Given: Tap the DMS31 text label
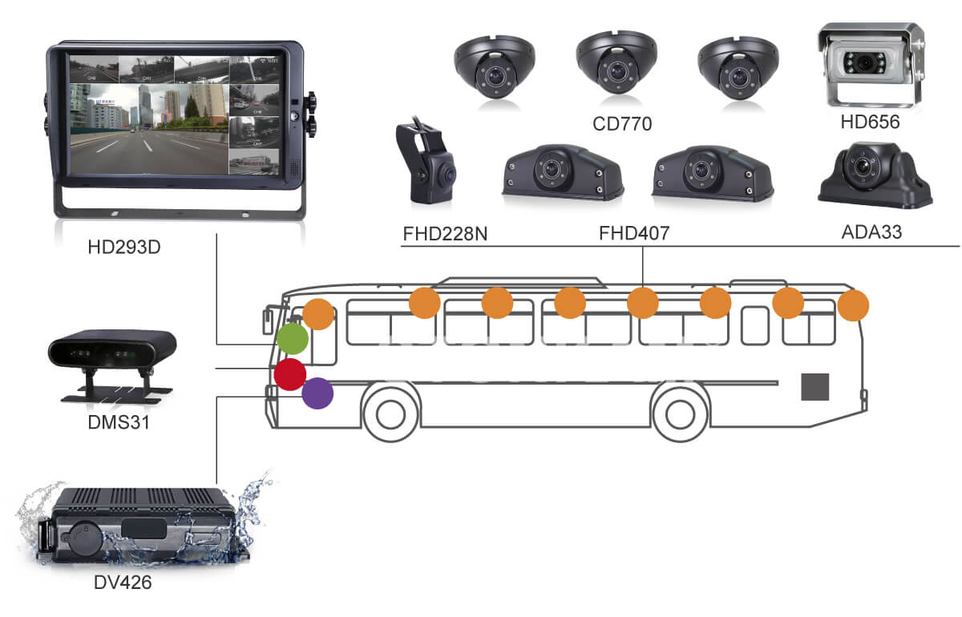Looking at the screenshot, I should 119,421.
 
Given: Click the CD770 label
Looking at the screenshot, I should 622,123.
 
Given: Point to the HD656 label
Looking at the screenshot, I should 871,123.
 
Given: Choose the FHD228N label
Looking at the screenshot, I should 445,233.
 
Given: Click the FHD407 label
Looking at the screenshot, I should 634,233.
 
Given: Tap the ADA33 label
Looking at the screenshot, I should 871,233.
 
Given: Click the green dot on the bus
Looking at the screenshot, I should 293,339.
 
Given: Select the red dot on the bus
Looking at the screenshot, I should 289,373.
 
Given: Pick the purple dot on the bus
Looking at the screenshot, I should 317,393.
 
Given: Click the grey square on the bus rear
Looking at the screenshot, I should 815,387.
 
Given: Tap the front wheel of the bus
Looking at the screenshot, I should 390,413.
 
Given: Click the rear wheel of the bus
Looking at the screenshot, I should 678,413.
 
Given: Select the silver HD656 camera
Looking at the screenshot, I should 871,63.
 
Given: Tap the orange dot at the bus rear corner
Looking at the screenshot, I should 853,305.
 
